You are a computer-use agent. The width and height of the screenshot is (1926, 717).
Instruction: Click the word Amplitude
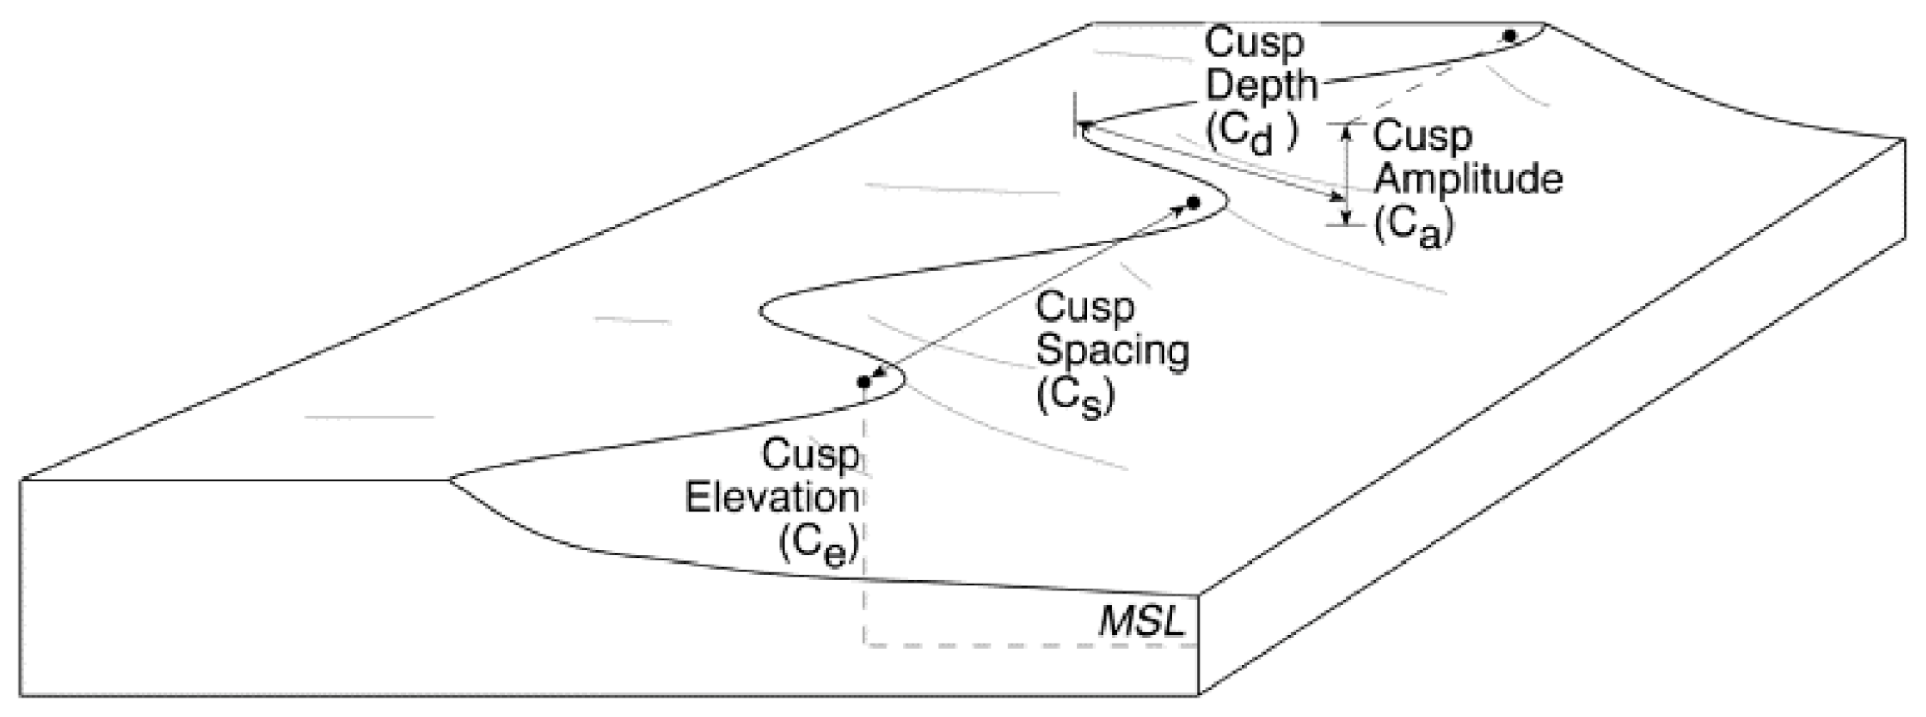click(x=1467, y=179)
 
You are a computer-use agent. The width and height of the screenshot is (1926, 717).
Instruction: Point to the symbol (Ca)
click(x=1413, y=227)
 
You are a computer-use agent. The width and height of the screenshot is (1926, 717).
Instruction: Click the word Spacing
click(x=1112, y=351)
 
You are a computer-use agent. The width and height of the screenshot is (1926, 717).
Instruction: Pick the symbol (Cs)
click(x=1074, y=398)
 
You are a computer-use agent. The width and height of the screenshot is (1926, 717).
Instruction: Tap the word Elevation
click(x=772, y=498)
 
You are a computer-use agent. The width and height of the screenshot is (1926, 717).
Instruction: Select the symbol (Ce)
click(x=819, y=545)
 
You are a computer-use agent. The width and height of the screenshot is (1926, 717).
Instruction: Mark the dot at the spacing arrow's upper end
click(x=1192, y=202)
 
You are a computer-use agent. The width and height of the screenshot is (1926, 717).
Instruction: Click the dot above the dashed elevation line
click(x=864, y=382)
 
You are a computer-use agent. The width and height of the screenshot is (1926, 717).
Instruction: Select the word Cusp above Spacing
click(x=1084, y=307)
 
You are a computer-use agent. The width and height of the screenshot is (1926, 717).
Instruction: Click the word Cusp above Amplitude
click(x=1422, y=136)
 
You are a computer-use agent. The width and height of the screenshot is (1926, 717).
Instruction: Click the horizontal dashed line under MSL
click(x=1033, y=645)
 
